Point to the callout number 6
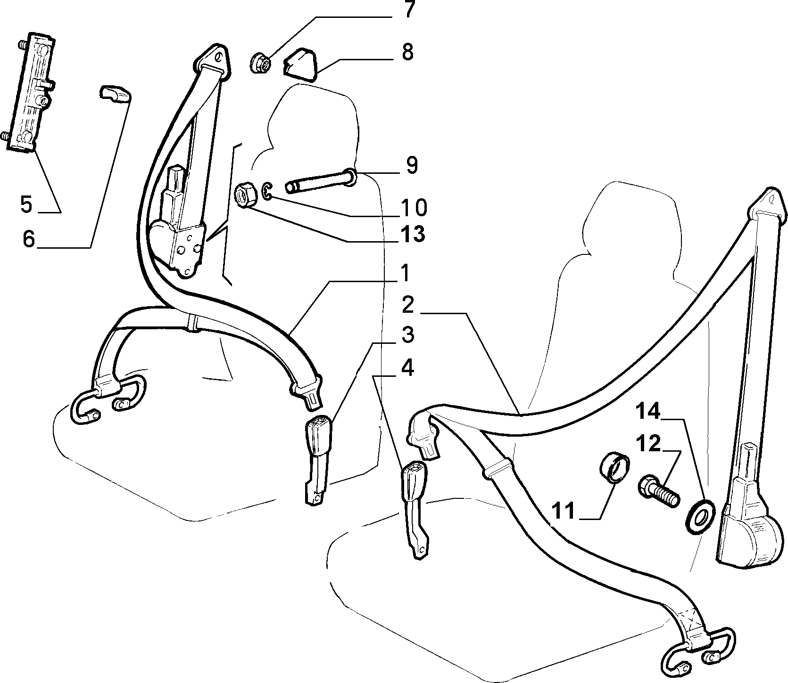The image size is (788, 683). [29, 239]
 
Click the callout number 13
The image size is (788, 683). [412, 234]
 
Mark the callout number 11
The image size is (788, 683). [564, 511]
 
